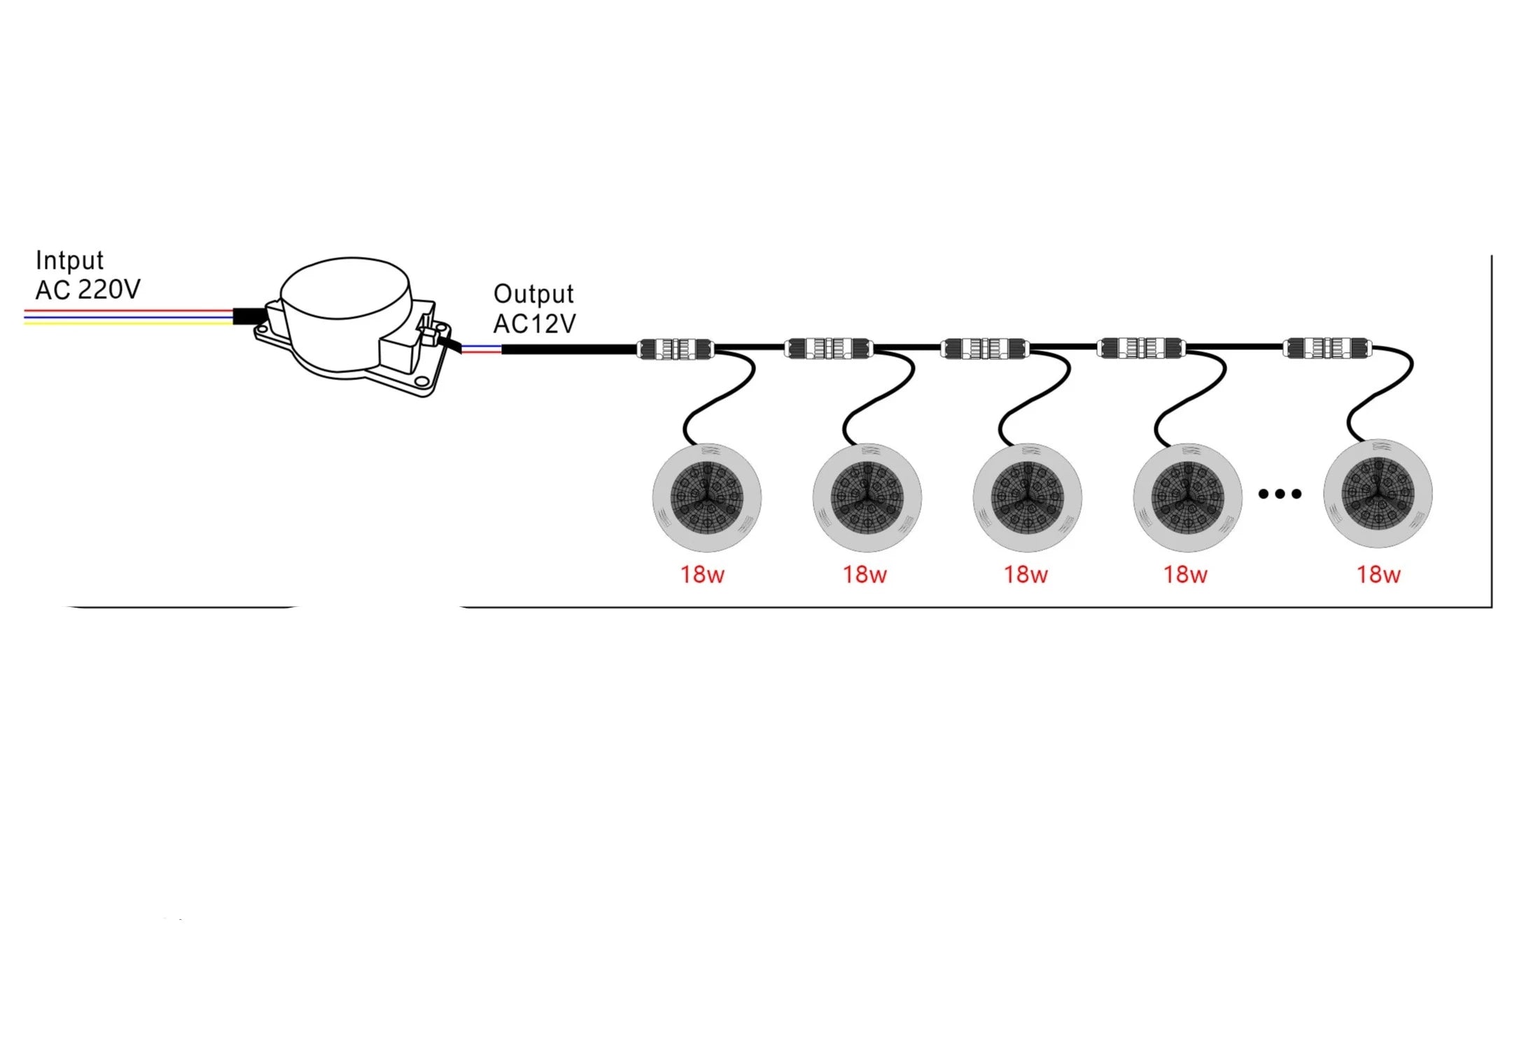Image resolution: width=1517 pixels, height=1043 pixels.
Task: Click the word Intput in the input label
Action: pyautogui.click(x=69, y=260)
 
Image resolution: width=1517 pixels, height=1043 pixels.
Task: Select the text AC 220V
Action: pyautogui.click(x=88, y=289)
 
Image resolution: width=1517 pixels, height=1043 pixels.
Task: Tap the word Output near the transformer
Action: pyautogui.click(x=533, y=294)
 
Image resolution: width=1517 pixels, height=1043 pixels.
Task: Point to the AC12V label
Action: pyautogui.click(x=535, y=323)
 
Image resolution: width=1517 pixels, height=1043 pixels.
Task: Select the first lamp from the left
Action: pyautogui.click(x=706, y=497)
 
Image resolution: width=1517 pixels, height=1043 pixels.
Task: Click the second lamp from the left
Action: pyautogui.click(x=867, y=497)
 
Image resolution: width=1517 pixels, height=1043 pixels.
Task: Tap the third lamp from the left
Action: pyautogui.click(x=1027, y=497)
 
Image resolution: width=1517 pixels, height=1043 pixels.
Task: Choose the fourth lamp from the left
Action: pyautogui.click(x=1187, y=497)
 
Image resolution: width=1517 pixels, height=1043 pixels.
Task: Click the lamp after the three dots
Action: pyautogui.click(x=1378, y=493)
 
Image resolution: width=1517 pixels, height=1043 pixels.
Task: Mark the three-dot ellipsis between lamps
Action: pyautogui.click(x=1280, y=494)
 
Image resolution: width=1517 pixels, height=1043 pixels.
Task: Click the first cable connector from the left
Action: pyautogui.click(x=676, y=349)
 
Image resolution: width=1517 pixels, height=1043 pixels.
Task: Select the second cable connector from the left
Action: pyautogui.click(x=829, y=349)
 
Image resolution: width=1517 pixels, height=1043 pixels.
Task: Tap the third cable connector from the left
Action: pyautogui.click(x=985, y=349)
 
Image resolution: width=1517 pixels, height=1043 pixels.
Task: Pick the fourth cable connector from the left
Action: pyautogui.click(x=1141, y=348)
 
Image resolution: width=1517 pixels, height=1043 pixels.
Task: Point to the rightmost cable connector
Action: pyautogui.click(x=1327, y=348)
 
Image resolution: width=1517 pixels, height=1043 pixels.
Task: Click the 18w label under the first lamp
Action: pyautogui.click(x=702, y=575)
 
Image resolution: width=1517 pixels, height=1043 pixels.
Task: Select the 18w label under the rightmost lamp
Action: pyautogui.click(x=1378, y=575)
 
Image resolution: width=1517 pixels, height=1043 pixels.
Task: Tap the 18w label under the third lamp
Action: pyautogui.click(x=1026, y=575)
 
